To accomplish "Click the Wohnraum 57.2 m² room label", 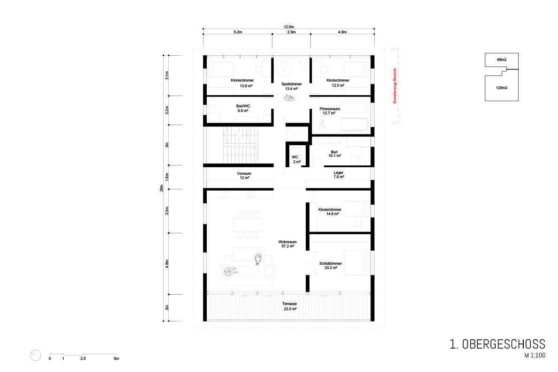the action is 287,244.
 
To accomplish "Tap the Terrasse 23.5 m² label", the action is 290,306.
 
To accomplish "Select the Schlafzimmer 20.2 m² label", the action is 331,266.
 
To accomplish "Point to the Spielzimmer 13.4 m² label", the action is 292,86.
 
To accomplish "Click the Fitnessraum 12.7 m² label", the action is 330,111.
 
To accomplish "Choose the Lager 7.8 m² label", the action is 339,175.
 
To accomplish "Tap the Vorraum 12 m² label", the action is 244,176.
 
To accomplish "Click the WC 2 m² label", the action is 295,159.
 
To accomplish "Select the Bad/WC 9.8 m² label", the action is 243,109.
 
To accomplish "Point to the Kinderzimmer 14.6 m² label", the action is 330,212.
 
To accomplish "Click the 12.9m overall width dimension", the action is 288,27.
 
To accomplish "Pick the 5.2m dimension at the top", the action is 238,32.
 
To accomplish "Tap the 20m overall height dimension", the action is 161,188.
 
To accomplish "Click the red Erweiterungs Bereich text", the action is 394,86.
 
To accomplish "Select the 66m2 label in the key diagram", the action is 502,60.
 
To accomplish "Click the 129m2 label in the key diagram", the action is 502,88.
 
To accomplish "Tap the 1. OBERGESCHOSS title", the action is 498,344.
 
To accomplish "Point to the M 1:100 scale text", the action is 535,355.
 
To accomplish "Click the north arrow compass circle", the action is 36,355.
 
